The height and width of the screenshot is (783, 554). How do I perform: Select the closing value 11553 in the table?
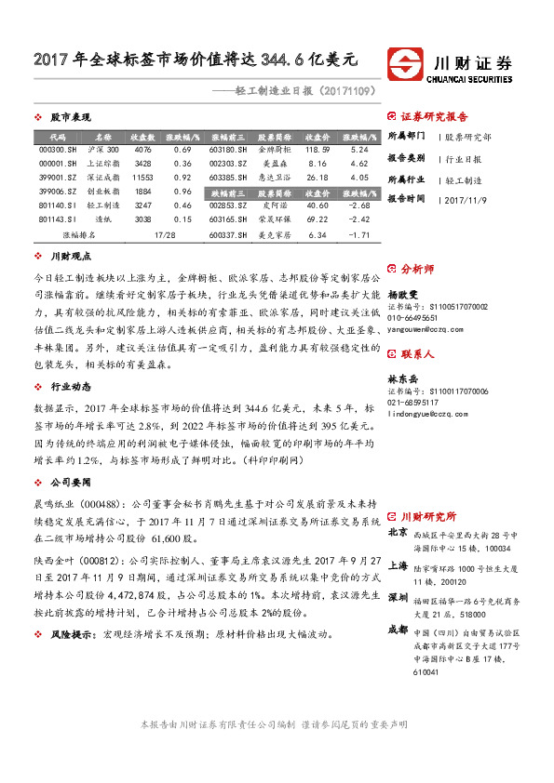coord(142,176)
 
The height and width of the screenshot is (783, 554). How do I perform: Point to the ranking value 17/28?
coord(166,235)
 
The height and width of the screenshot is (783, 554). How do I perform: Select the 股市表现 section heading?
coord(71,118)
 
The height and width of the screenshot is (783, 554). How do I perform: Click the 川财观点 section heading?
coord(71,257)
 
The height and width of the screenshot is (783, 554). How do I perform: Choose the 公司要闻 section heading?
coord(71,484)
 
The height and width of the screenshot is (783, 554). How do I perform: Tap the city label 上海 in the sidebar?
coord(397,565)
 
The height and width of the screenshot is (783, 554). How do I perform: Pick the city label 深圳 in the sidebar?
coord(397,596)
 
